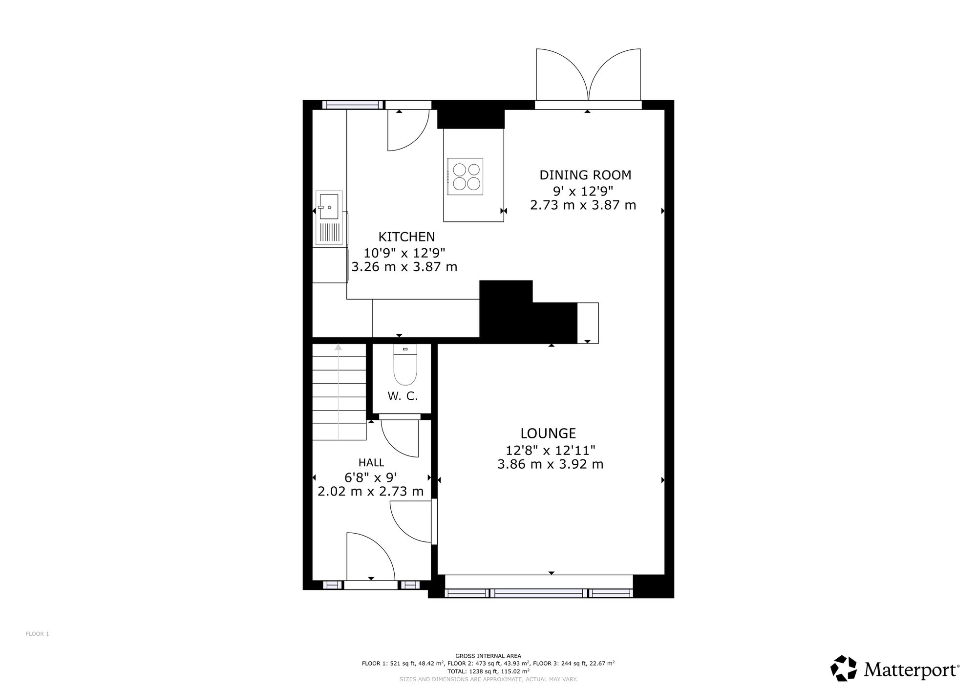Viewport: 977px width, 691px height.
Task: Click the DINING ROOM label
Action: [585, 175]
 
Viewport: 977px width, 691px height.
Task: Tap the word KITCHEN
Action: [406, 237]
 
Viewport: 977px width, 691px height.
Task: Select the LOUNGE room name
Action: [548, 433]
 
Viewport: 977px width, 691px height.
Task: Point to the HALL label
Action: [371, 462]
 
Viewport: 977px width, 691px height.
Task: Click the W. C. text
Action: [403, 396]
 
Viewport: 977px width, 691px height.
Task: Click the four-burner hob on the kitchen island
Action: [465, 176]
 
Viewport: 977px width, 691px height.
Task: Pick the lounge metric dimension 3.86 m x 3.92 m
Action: [551, 464]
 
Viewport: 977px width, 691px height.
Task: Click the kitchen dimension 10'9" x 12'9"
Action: [404, 253]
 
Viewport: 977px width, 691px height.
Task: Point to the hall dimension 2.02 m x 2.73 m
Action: [371, 492]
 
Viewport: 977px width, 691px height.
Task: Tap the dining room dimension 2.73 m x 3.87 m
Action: [583, 205]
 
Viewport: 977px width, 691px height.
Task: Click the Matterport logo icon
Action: [844, 668]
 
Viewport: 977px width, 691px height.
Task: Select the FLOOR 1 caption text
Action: [37, 634]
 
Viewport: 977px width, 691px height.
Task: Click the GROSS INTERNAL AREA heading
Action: [488, 656]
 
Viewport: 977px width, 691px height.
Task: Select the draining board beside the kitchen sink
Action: [330, 233]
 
